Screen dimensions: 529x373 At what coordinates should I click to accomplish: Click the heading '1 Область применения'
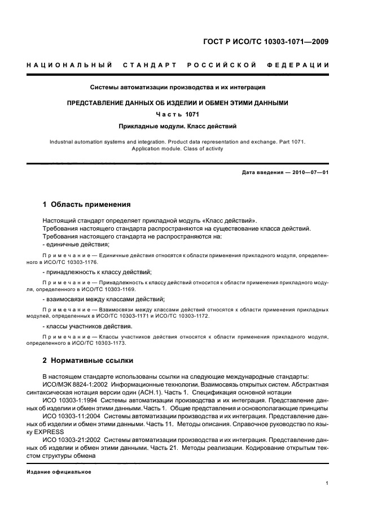87,204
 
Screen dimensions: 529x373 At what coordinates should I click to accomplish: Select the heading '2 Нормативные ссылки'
88,360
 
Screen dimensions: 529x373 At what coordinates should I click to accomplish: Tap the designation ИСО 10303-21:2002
74,439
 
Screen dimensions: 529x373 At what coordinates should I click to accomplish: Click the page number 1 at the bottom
327,483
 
